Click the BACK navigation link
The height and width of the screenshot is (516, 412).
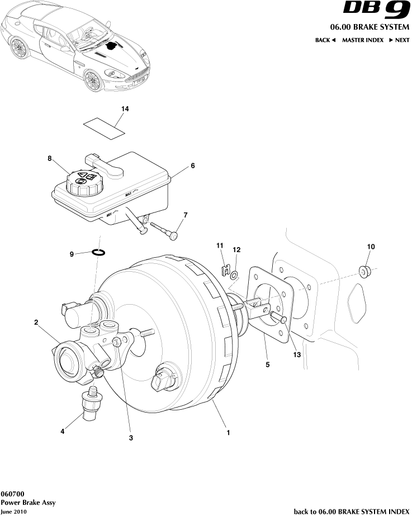pyautogui.click(x=325, y=40)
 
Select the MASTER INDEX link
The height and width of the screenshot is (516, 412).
pyautogui.click(x=362, y=40)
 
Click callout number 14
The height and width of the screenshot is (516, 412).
pyautogui.click(x=125, y=109)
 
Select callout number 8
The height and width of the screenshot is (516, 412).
pyautogui.click(x=49, y=159)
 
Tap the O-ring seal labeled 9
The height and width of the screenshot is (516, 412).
pyautogui.click(x=99, y=253)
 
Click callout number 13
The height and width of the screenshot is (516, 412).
pyautogui.click(x=296, y=354)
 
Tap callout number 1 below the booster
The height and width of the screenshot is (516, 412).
pyautogui.click(x=228, y=432)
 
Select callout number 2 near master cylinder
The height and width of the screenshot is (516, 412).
pyautogui.click(x=36, y=322)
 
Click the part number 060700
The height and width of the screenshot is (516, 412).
pyautogui.click(x=12, y=494)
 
